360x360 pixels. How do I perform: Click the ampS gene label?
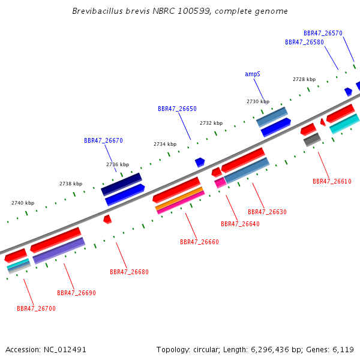click(253, 74)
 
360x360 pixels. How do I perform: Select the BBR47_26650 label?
click(177, 109)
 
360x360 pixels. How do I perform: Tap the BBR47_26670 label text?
click(103, 140)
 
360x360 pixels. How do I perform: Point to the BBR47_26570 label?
click(323, 33)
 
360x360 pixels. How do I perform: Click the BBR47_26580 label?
click(304, 42)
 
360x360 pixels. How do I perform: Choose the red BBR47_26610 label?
click(332, 181)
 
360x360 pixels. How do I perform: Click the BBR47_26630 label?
click(267, 212)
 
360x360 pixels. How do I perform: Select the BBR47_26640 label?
click(240, 224)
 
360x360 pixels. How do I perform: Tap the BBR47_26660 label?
click(199, 242)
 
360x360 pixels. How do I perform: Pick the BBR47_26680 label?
click(129, 272)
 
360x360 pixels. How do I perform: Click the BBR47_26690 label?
click(76, 293)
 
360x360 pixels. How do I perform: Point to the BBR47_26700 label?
click(36, 308)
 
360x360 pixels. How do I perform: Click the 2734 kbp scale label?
click(165, 144)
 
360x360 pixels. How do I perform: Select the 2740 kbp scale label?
click(23, 203)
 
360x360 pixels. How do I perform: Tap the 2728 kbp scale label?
click(304, 79)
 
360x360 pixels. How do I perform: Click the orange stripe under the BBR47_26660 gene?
click(179, 199)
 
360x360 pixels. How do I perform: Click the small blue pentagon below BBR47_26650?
click(200, 162)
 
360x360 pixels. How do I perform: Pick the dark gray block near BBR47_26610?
click(312, 140)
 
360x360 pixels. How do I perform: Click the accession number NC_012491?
click(65, 350)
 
